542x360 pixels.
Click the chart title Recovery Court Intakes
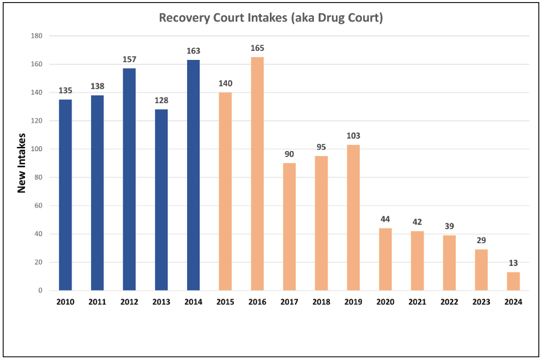tap(271, 17)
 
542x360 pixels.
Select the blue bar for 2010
tap(65, 194)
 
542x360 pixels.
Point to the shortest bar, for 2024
tap(513, 281)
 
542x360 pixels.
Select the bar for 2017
tap(289, 226)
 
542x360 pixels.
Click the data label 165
tap(257, 49)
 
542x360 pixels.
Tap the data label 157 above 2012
tap(129, 60)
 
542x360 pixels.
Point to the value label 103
tap(353, 136)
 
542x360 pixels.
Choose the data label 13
tap(513, 263)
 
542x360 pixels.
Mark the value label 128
tap(161, 101)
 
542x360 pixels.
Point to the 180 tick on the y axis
tap(36, 36)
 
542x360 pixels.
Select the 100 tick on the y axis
tap(36, 149)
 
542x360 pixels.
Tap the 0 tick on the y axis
tap(41, 290)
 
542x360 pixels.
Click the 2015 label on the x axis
tap(225, 302)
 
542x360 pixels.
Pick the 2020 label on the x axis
tap(385, 302)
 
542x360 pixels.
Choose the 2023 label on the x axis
tap(481, 302)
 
